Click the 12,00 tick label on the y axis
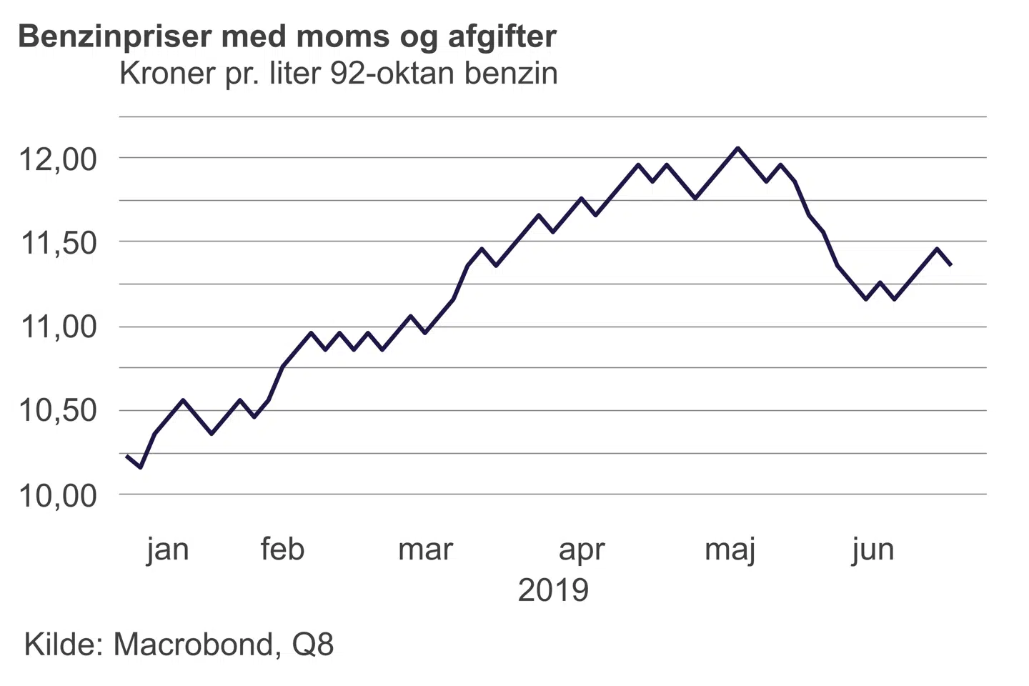57,159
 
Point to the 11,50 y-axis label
57,243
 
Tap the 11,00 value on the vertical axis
57,327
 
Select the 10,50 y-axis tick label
57,411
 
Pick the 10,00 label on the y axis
57,495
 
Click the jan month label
168,550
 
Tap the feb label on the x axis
282,549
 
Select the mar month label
426,549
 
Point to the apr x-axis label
582,550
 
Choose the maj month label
730,550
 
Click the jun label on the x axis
873,550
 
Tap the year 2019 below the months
553,590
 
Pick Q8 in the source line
313,645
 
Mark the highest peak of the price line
738,149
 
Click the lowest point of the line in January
141,467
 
